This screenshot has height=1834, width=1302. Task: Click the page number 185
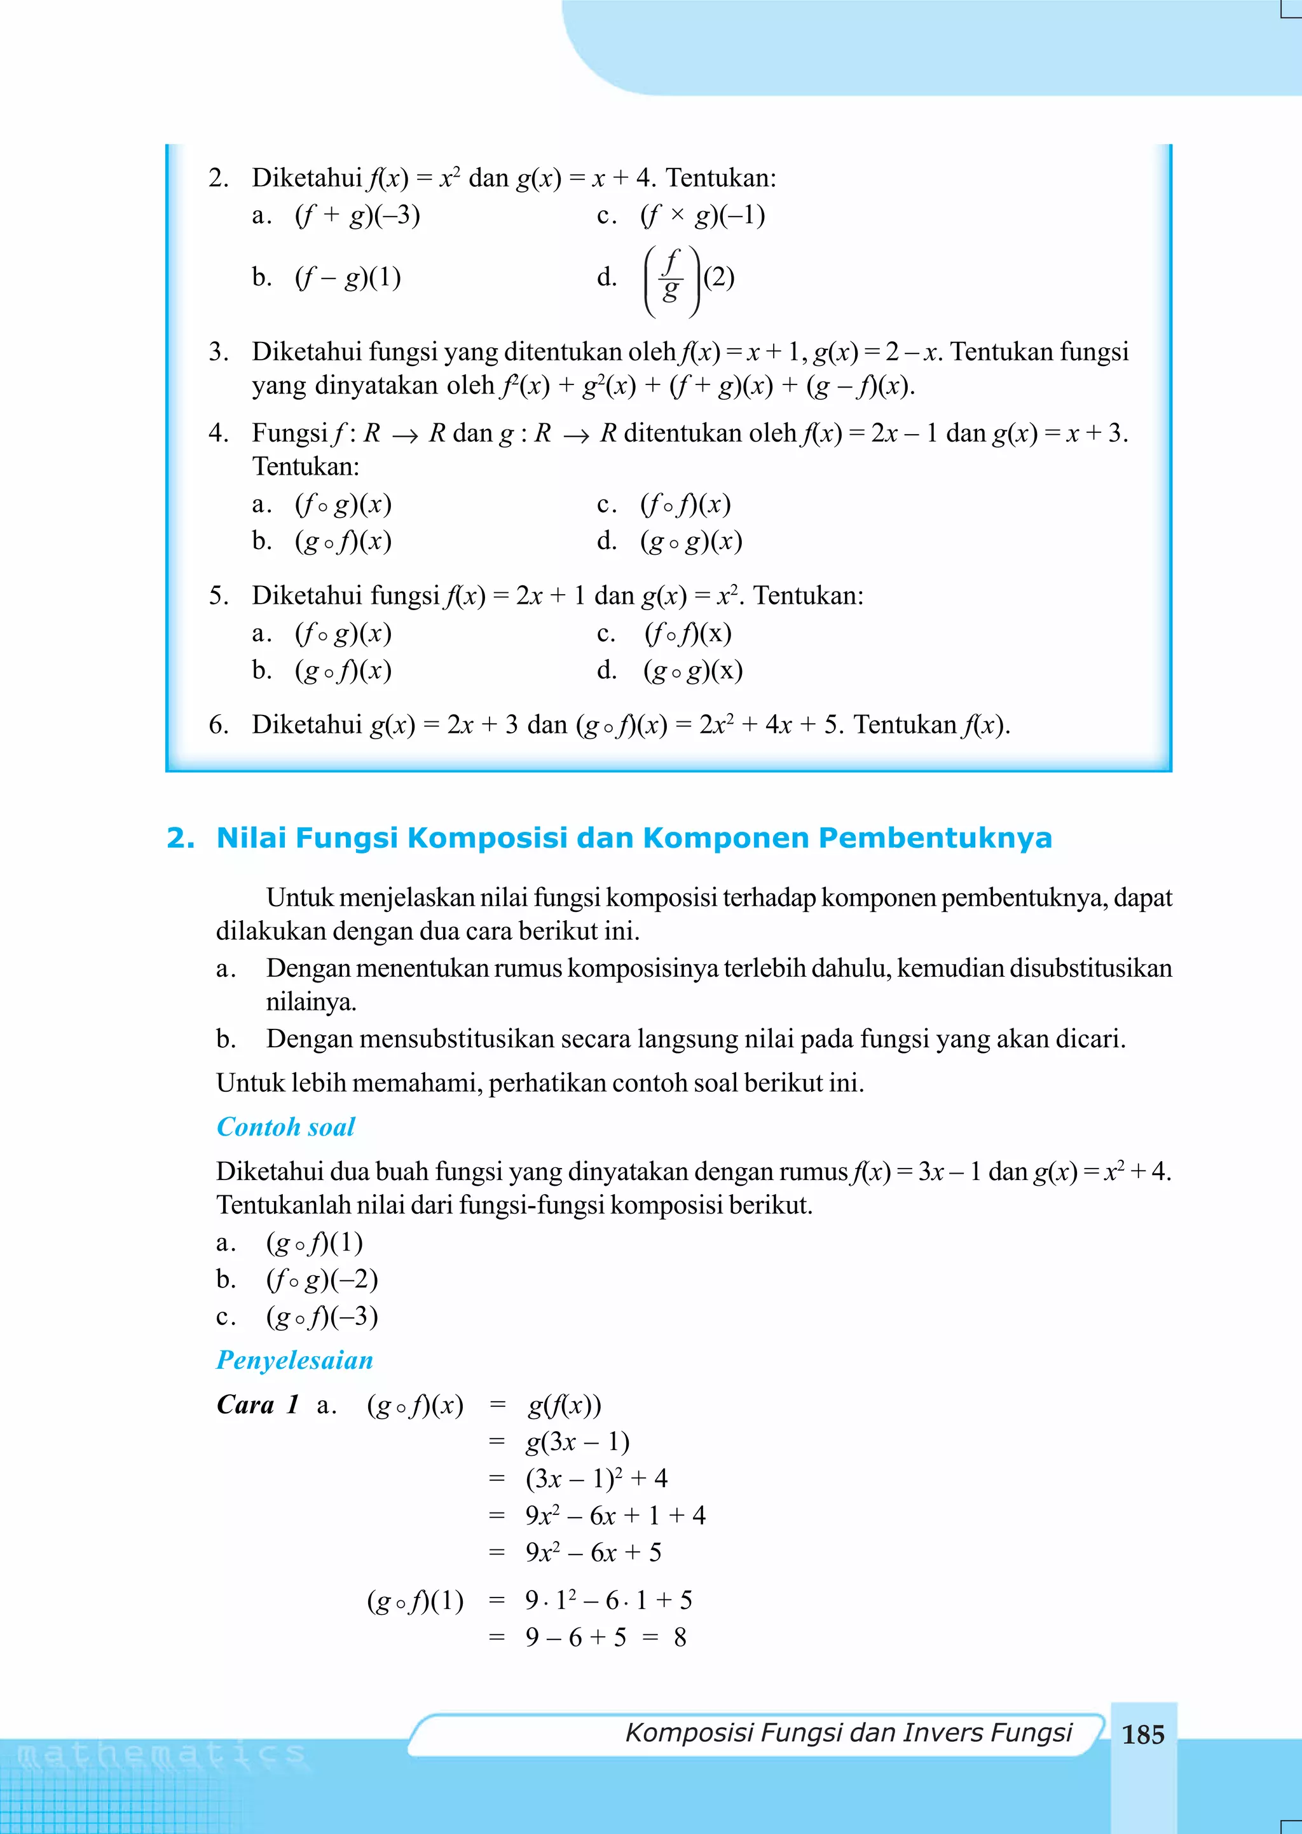pyautogui.click(x=1142, y=1735)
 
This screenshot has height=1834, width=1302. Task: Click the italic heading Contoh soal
pyautogui.click(x=285, y=1127)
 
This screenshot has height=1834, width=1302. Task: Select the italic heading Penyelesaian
pyautogui.click(x=295, y=1361)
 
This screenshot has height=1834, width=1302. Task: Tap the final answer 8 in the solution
pyautogui.click(x=680, y=1638)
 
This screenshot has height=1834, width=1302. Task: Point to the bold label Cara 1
pyautogui.click(x=257, y=1404)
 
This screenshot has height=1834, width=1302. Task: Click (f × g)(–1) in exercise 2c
pyautogui.click(x=702, y=215)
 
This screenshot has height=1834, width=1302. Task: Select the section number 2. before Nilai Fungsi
pyautogui.click(x=181, y=838)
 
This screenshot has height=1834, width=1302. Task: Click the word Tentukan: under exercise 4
pyautogui.click(x=305, y=466)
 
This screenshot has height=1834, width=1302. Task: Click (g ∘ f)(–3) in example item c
pyautogui.click(x=322, y=1317)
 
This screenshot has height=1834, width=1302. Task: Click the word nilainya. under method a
pyautogui.click(x=311, y=1002)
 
